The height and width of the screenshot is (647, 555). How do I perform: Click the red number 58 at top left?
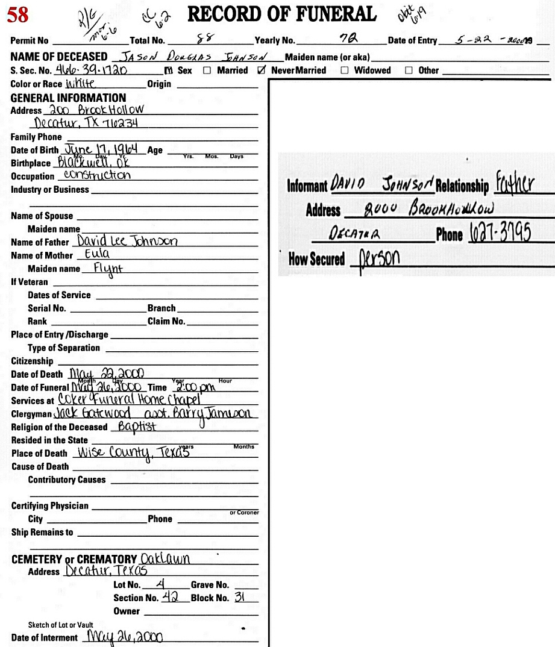click(x=17, y=14)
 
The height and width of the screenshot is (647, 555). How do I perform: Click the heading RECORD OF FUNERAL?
click(x=282, y=14)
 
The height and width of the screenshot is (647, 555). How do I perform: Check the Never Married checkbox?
click(x=261, y=70)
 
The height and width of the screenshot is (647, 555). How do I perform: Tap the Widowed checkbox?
click(x=345, y=70)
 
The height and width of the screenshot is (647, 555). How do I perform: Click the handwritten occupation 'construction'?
click(x=96, y=175)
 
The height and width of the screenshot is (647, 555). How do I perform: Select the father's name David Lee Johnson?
click(x=127, y=241)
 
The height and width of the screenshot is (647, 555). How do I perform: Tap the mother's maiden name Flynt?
click(x=108, y=269)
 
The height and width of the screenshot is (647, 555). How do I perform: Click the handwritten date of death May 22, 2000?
click(x=106, y=374)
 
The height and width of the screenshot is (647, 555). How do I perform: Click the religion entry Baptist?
click(x=137, y=427)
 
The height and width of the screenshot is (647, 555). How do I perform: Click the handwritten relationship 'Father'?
click(x=515, y=184)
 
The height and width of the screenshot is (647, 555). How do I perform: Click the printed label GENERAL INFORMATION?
click(x=68, y=98)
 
